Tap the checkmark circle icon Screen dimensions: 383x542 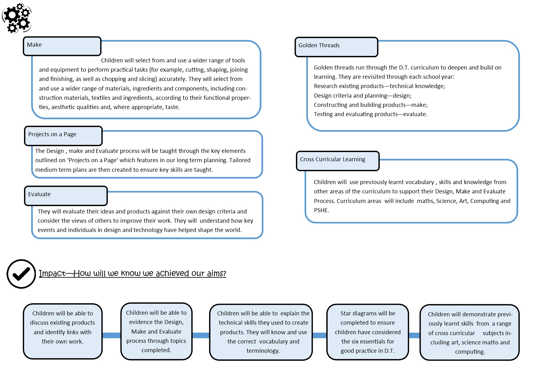21,274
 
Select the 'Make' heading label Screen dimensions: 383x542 34,45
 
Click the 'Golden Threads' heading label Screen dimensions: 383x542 319,45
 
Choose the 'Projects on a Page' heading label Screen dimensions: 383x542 52,134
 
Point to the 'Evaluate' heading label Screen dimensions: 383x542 39,194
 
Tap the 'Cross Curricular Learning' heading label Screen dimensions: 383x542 332,159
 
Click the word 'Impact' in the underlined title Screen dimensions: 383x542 52,274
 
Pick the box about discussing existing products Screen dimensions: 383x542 62,331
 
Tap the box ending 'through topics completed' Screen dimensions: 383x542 156,331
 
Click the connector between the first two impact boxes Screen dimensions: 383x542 111,335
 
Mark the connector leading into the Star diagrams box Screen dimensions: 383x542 320,335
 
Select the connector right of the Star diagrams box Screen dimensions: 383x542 414,335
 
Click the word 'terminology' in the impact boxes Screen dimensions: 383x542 263,351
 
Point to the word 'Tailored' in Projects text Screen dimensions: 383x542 240,160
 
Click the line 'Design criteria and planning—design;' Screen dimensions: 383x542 362,96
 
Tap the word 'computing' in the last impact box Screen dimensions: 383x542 469,352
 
